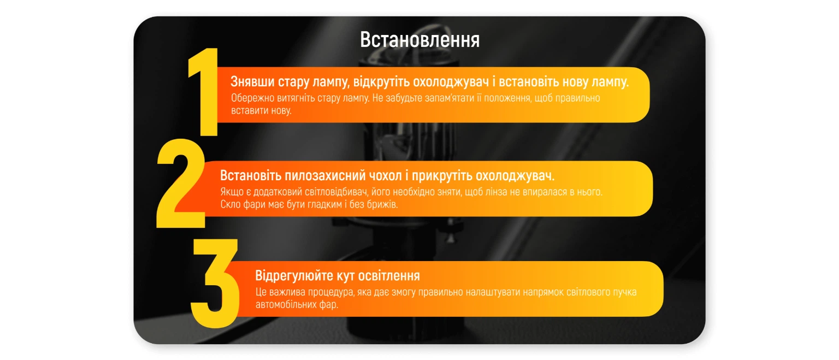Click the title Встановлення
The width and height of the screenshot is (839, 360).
point(419,40)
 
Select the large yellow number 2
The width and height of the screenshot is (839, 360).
point(181,183)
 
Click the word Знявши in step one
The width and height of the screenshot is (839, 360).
point(252,81)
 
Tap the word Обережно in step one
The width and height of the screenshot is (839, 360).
point(252,98)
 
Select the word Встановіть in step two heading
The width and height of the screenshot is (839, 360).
point(250,175)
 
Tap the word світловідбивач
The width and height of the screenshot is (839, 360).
point(336,192)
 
